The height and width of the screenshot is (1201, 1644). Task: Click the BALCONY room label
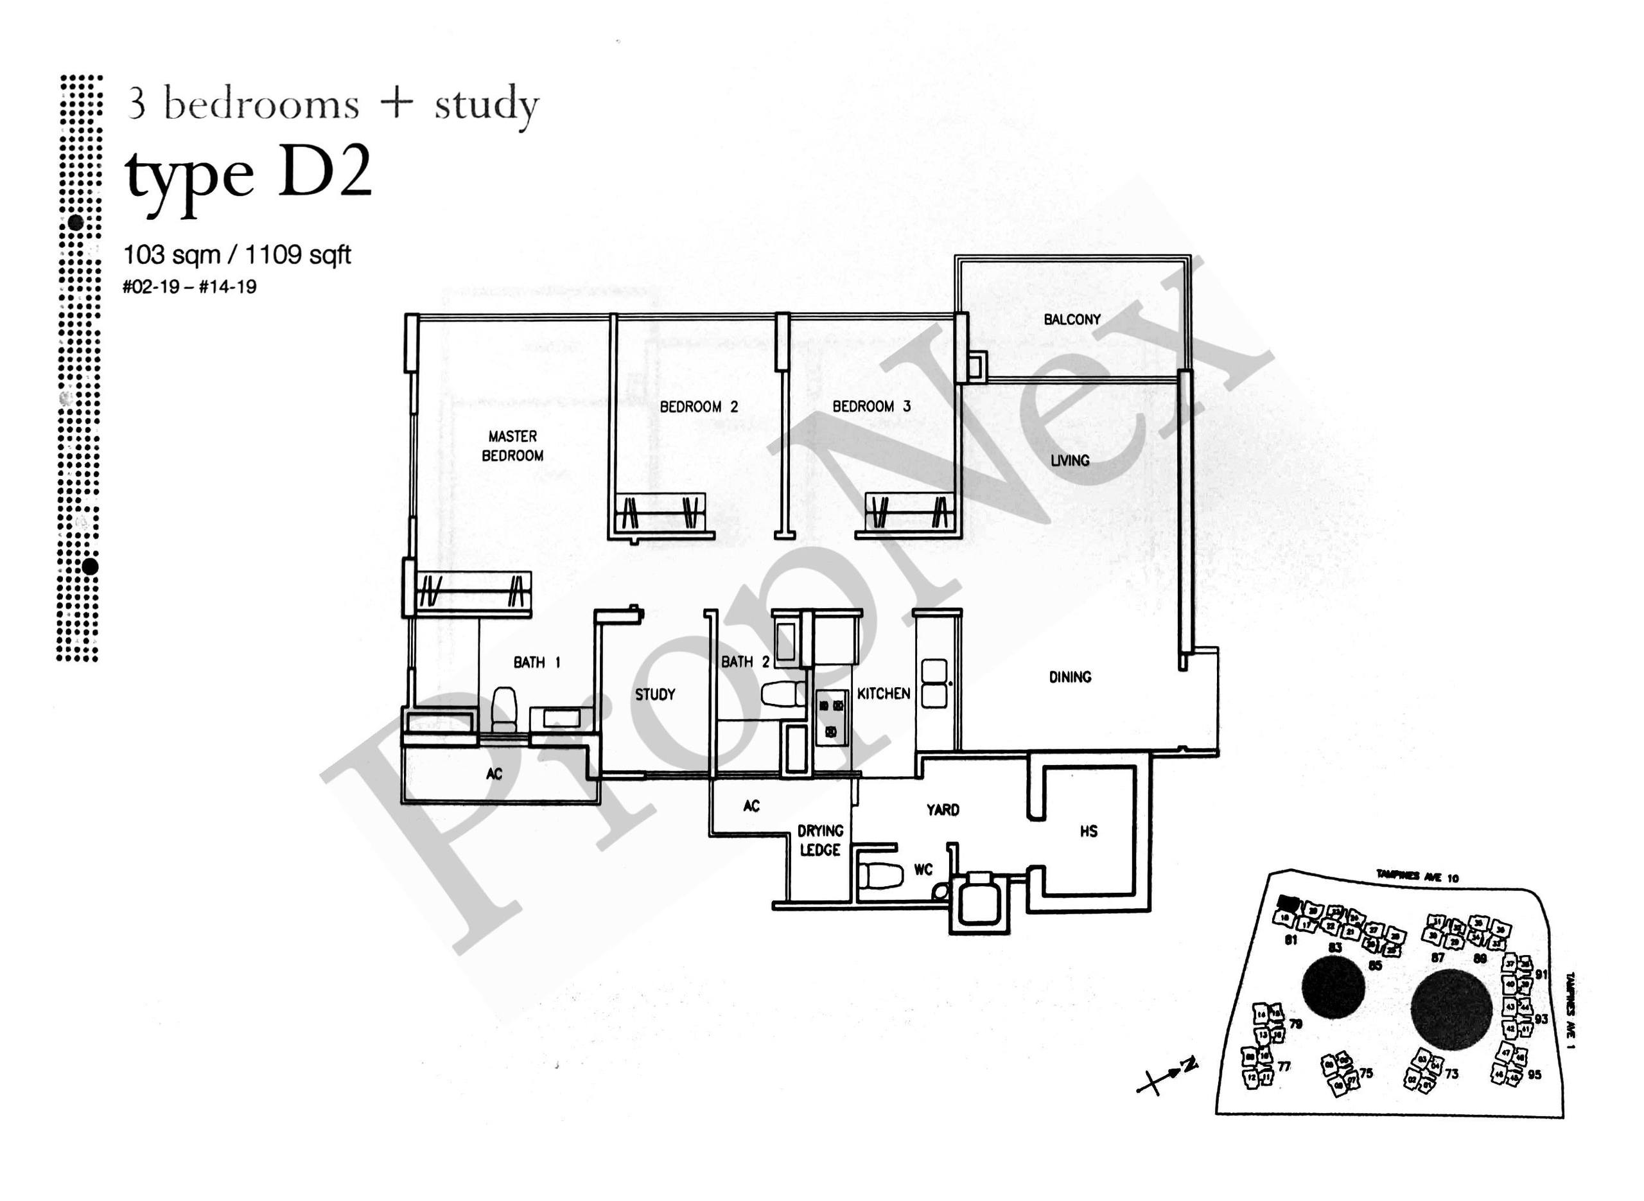[x=1071, y=319]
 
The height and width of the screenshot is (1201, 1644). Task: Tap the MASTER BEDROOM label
[x=512, y=446]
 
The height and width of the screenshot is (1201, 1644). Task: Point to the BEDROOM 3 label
[x=871, y=407]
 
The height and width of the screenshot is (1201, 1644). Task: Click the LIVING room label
[x=1069, y=460]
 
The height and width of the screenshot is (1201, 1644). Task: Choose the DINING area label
[x=1069, y=677]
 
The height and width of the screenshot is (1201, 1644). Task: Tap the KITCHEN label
[x=883, y=694]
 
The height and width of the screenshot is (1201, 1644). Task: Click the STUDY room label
[x=655, y=694]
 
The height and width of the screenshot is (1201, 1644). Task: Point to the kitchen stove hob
[x=832, y=717]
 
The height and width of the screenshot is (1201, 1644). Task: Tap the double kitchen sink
[x=934, y=683]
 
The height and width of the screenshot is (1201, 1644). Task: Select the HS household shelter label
[x=1088, y=831]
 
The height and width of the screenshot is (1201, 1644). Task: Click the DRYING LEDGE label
[x=820, y=839]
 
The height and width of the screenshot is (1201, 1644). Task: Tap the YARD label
[x=942, y=809]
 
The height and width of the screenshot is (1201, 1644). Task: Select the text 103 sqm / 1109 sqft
[x=237, y=255]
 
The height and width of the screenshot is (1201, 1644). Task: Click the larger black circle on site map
[x=1451, y=1010]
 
